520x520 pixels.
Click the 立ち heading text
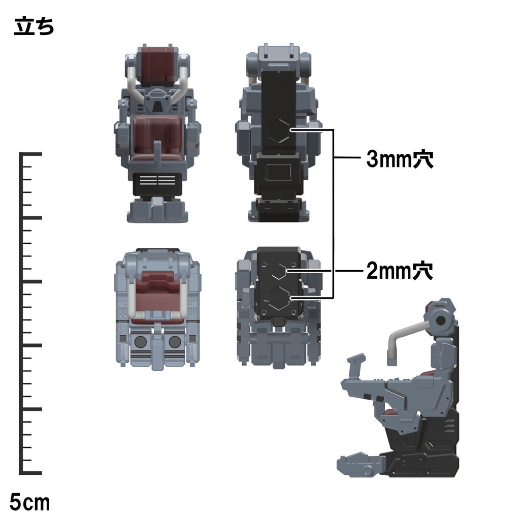34,26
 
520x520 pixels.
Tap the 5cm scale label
29,502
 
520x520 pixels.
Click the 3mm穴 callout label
400,159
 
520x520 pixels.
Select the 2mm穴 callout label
400,271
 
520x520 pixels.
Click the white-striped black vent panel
157,183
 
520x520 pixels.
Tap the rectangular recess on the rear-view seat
279,172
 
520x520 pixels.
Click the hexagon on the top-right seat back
279,131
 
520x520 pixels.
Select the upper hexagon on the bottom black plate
279,271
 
